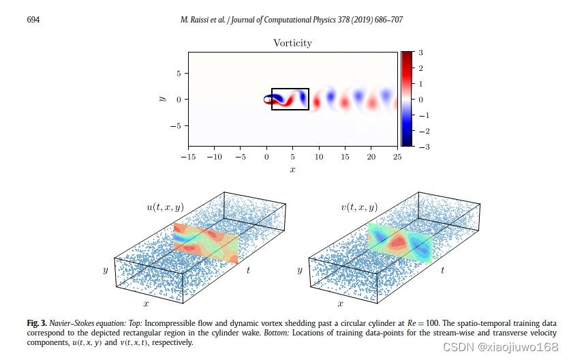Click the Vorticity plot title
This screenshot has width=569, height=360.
tap(292, 43)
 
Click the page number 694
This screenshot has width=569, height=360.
tap(33, 20)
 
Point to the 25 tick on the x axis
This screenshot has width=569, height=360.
tap(397, 157)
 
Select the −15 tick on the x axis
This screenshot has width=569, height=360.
tap(187, 157)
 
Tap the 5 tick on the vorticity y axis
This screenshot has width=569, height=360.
tap(178, 73)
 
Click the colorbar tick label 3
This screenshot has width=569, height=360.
tap(421, 52)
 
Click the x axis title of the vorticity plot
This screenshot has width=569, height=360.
tap(292, 169)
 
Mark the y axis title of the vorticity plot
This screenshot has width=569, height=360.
tap(162, 99)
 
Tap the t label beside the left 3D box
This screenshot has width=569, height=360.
tap(248, 270)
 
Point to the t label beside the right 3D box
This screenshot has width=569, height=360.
tap(442, 270)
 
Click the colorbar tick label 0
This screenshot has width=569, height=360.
tap(421, 99)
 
